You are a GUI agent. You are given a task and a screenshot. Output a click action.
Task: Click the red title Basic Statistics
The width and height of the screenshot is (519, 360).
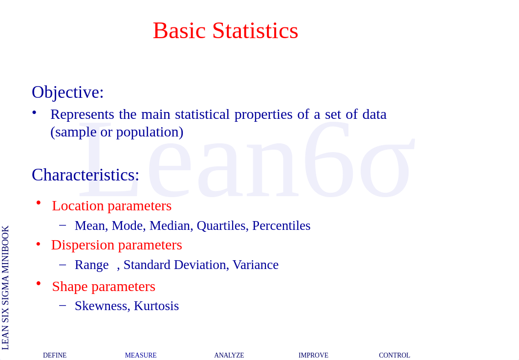[x=225, y=30]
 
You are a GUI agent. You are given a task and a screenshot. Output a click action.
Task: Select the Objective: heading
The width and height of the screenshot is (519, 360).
[x=68, y=92]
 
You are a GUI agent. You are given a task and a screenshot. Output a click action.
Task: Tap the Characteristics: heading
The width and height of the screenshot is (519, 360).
[x=86, y=175]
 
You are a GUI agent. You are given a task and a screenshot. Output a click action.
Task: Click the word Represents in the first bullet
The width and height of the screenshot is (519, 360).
[x=82, y=114]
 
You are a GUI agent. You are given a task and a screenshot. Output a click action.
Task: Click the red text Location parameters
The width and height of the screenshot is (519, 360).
[x=112, y=206]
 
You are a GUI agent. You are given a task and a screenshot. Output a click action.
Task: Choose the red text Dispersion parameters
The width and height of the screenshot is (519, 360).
[x=116, y=245]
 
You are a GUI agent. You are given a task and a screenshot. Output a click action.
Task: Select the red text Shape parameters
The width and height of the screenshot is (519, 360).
[x=104, y=287]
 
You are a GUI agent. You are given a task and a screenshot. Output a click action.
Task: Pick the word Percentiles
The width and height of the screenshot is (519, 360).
[x=281, y=225]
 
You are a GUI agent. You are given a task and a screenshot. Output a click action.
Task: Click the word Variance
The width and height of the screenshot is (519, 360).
[x=256, y=265]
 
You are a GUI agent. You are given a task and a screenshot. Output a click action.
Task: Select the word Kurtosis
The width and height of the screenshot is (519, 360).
[x=156, y=306]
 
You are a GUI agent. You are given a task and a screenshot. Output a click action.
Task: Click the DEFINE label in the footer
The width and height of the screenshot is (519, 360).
[x=55, y=356]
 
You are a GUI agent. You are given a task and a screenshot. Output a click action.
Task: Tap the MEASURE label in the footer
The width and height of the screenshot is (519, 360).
[x=141, y=356]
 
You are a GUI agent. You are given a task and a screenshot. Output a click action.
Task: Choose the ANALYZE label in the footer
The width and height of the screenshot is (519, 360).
[x=229, y=356]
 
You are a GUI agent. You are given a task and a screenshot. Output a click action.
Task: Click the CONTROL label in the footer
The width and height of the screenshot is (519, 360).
[x=394, y=356]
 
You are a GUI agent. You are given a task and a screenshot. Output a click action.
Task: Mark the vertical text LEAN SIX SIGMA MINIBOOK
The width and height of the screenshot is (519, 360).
[x=5, y=288]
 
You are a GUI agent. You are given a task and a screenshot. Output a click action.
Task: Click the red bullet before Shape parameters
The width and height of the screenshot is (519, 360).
[x=39, y=284]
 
